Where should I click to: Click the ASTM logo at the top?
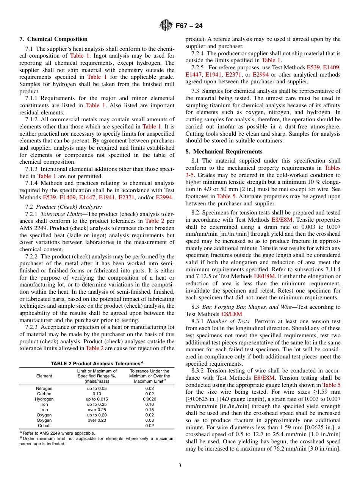pyautogui.click(x=166, y=25)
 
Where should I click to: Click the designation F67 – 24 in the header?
pyautogui.click(x=189, y=26)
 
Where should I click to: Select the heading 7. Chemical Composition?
pyautogui.click(x=53, y=39)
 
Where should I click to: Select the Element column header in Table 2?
pyautogui.click(x=44, y=376)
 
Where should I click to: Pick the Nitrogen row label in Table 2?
pyautogui.click(x=44, y=388)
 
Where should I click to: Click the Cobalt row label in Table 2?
pyautogui.click(x=44, y=426)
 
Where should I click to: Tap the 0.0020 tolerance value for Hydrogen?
pyautogui.click(x=149, y=399)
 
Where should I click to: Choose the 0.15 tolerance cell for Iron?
pyautogui.click(x=149, y=410)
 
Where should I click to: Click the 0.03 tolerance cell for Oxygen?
pyautogui.click(x=149, y=420)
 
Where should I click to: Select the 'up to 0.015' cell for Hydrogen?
pyautogui.click(x=97, y=399)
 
